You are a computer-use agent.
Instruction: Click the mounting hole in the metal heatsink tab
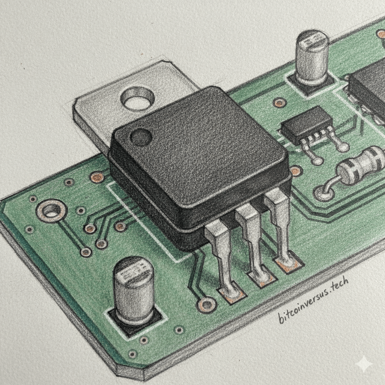pos(138,99)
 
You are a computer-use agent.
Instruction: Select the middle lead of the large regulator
pos(255,243)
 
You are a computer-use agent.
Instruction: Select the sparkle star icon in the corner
pos(365,364)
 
